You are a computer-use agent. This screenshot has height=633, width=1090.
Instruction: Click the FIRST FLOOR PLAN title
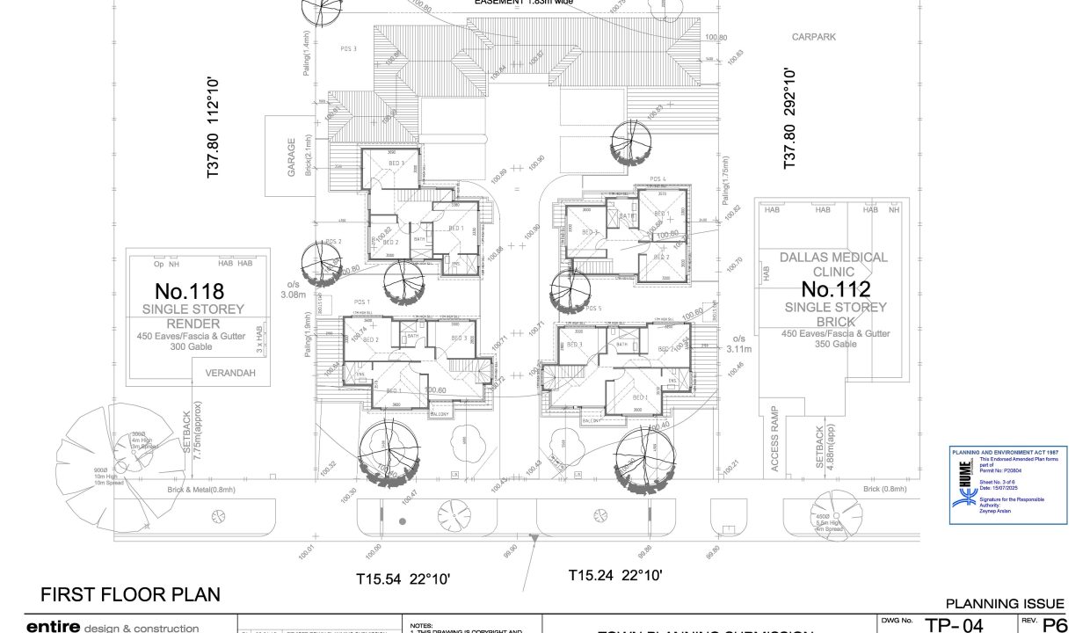tap(130, 594)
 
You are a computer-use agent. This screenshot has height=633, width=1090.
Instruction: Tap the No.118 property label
tap(189, 290)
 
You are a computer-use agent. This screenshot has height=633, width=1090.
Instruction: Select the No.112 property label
tap(835, 289)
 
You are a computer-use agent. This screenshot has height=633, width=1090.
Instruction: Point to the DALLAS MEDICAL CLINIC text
tap(833, 265)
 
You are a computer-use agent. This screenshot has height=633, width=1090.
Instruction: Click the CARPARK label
tap(813, 37)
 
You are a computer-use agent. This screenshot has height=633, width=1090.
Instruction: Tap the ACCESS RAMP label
tap(775, 439)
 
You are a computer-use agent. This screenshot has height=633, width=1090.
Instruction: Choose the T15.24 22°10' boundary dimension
tap(614, 576)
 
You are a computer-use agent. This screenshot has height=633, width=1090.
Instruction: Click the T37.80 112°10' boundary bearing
tap(212, 128)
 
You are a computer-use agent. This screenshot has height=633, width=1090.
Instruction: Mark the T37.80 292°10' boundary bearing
tap(789, 118)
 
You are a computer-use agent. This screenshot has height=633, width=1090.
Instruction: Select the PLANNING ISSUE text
tap(1005, 604)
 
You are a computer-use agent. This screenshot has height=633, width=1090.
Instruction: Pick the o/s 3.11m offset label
tap(739, 344)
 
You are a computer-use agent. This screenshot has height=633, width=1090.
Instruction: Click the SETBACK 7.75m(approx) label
tap(193, 440)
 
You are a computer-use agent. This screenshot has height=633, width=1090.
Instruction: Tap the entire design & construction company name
tap(113, 627)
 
